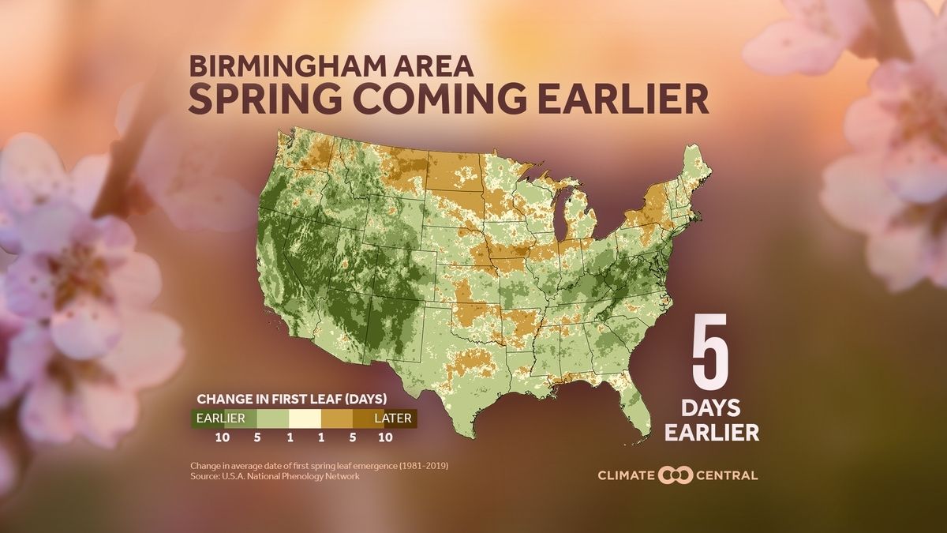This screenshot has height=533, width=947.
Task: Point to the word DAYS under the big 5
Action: click(x=712, y=408)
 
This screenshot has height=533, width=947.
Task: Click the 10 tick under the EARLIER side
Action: click(x=221, y=436)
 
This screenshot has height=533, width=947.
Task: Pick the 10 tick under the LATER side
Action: click(x=385, y=436)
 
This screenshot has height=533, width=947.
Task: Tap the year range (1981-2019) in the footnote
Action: click(x=423, y=466)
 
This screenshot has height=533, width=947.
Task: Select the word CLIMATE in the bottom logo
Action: click(x=626, y=475)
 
